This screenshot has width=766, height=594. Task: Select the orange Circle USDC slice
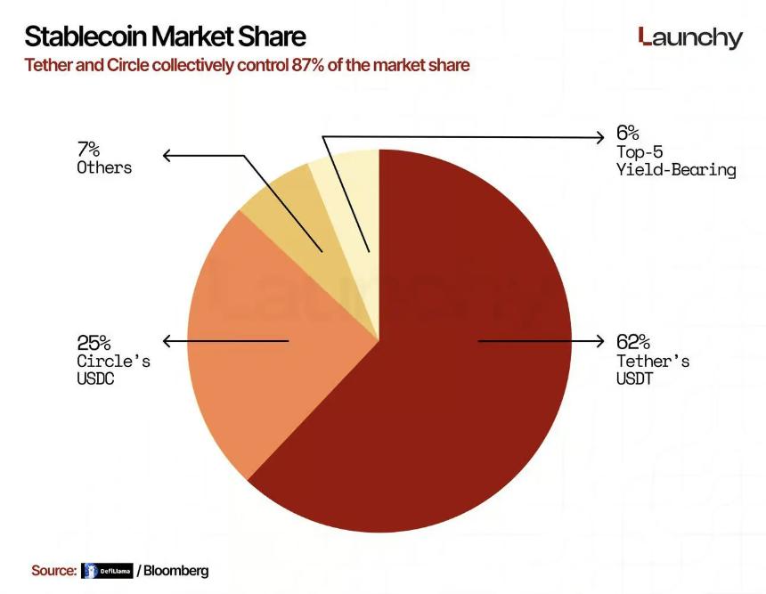267,356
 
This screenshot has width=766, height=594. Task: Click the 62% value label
633,342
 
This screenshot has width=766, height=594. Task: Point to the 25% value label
94,342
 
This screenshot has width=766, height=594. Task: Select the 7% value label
89,149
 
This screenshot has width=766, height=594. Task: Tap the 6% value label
627,134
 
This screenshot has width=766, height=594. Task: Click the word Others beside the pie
104,167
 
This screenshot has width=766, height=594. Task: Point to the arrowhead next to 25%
167,341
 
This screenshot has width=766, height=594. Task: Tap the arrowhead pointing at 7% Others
167,156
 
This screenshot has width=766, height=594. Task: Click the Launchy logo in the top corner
690,37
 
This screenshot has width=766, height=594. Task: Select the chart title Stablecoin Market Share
165,37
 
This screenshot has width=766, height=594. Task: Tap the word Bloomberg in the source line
175,570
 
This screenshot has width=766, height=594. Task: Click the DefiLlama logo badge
106,571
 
